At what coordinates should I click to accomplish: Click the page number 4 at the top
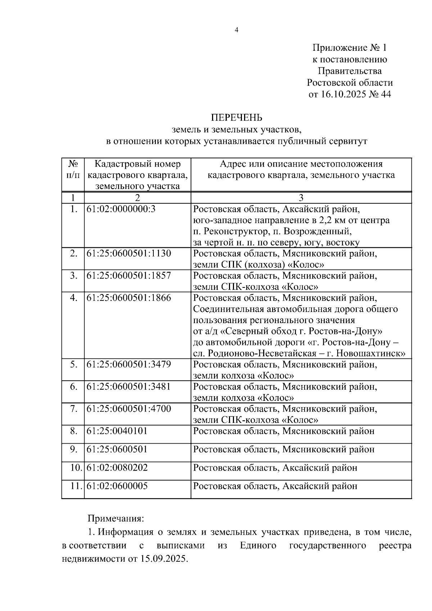click(x=237, y=30)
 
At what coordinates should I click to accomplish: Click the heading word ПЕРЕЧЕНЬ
click(x=237, y=118)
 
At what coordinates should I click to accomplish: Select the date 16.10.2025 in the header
click(x=344, y=94)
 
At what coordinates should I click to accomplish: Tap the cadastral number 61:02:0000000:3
click(x=121, y=209)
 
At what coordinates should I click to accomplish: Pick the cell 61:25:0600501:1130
click(x=129, y=253)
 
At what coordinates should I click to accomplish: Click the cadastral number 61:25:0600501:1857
click(x=129, y=276)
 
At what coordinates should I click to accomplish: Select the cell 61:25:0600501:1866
click(x=129, y=298)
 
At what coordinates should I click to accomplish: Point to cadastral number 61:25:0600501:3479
click(x=129, y=365)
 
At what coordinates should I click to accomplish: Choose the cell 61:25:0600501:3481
click(x=129, y=387)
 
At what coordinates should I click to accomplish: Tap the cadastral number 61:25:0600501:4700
click(x=129, y=409)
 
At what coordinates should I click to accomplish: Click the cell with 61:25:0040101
click(x=117, y=431)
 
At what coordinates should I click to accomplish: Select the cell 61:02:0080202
click(x=117, y=468)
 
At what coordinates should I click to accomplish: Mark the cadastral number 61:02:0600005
click(x=117, y=486)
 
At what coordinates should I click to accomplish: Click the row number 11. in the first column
click(x=76, y=486)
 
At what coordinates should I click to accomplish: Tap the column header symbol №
click(x=73, y=164)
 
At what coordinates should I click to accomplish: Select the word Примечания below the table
click(x=116, y=519)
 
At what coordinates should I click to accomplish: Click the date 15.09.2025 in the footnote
click(x=162, y=559)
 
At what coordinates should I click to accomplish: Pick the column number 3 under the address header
click(x=301, y=198)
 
